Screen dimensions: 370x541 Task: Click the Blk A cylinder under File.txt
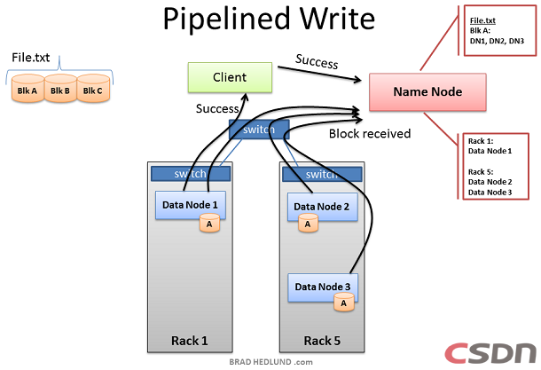[27, 91]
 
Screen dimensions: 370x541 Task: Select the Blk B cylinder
[59, 91]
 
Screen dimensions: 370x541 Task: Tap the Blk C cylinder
[91, 91]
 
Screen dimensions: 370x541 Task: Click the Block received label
[369, 134]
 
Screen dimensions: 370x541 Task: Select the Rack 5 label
[320, 340]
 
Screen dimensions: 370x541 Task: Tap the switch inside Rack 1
[190, 174]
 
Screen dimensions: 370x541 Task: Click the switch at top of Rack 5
[320, 174]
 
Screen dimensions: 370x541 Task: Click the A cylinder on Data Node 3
[342, 303]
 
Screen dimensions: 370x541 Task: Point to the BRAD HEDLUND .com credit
[266, 363]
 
